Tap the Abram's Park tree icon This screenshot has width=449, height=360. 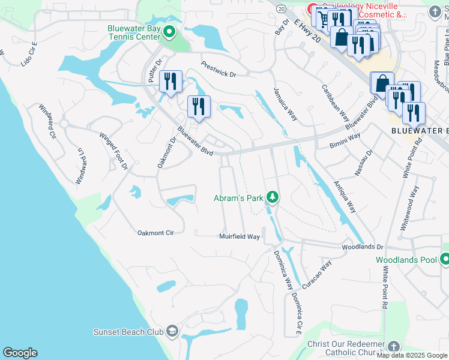[273, 197]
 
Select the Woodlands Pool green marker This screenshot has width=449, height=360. [445, 260]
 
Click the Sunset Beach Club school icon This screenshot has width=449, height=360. [172, 331]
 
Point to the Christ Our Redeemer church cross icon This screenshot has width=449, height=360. [394, 346]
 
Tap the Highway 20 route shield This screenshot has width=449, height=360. [281, 8]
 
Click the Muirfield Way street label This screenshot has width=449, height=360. [240, 237]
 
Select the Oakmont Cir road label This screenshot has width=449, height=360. [155, 232]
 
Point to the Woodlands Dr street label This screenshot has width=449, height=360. [362, 247]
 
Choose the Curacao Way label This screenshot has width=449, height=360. [317, 275]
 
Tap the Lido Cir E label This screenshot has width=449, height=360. [29, 53]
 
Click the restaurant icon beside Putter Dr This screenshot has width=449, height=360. [170, 81]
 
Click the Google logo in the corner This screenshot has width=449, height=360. [20, 353]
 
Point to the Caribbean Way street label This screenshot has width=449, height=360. [335, 107]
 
